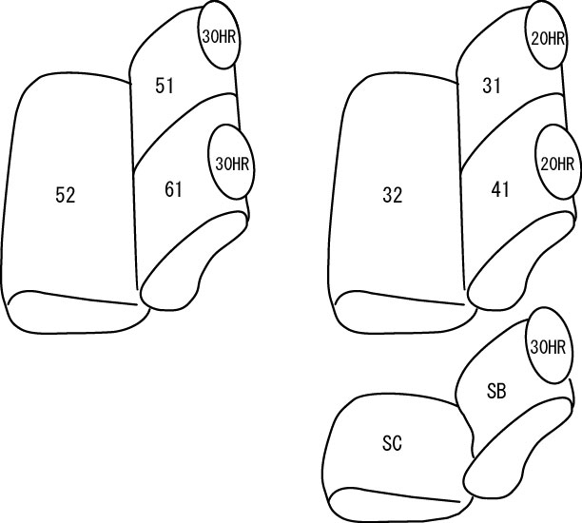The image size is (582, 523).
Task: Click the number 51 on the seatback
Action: pos(165,87)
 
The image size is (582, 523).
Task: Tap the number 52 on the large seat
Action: pos(66,195)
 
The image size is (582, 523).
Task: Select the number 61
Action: pos(173,189)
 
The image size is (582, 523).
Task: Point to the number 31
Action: pos(492,87)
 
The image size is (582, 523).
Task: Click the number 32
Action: pos(393,195)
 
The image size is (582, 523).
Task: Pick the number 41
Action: pos(500,189)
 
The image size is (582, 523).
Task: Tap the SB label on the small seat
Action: pos(496,391)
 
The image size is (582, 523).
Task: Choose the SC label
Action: pos(392,443)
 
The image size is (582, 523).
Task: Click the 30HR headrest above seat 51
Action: pos(219,35)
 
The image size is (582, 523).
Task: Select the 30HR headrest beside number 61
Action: pos(232,163)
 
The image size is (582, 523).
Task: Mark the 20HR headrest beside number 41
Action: pos(557,163)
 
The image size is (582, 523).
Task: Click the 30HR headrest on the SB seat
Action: pos(548,346)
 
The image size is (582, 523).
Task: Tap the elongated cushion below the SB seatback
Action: pos(516,445)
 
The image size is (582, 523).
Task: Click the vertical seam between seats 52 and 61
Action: pos(134,185)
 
